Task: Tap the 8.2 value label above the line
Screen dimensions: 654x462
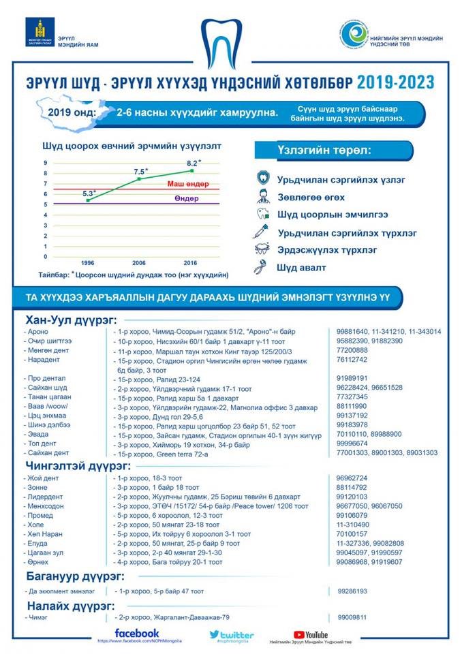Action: point(194,163)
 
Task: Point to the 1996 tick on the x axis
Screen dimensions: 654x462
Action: point(87,262)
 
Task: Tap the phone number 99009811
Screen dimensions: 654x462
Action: point(352,617)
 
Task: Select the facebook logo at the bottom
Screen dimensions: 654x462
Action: point(137,633)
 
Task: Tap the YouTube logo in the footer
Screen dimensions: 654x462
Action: point(311,634)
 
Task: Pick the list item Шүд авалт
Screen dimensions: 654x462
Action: point(301,268)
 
